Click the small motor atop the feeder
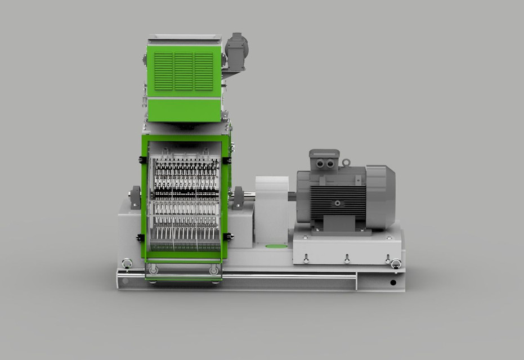tap(236, 51)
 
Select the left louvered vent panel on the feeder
tap(163, 71)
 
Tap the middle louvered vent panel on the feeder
tap(183, 71)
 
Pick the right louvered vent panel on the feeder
tap(204, 71)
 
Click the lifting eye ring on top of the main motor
tap(346, 163)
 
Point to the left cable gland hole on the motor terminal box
tap(321, 164)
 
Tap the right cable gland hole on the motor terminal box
tap(329, 164)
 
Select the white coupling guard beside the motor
tap(272, 209)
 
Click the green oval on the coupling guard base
tap(275, 246)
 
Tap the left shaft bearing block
tap(135, 197)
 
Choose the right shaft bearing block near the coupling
tap(238, 197)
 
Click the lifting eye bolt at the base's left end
tap(127, 263)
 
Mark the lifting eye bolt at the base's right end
tap(396, 263)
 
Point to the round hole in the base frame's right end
tap(392, 282)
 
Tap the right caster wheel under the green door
tap(214, 271)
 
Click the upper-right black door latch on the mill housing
tap(227, 160)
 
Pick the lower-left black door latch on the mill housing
tap(141, 237)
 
